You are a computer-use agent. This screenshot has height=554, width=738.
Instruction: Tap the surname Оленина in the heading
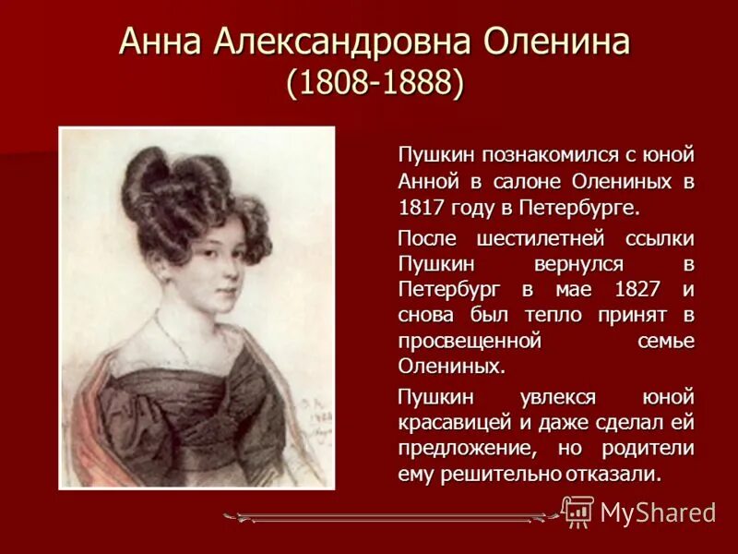566,42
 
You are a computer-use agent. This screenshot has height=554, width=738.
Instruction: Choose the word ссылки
659,239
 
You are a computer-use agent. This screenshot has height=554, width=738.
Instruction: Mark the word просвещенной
468,341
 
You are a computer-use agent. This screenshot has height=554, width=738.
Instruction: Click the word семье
666,341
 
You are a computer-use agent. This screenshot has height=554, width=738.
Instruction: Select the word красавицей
453,425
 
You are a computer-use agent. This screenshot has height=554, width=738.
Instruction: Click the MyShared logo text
658,513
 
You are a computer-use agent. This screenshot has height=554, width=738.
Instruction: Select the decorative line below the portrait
387,518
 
